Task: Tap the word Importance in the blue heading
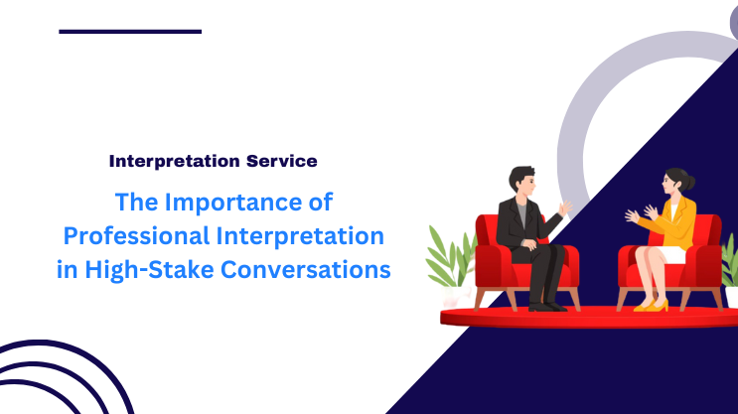pos(252,203)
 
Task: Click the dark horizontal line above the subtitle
pos(130,32)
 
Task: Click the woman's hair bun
pos(690,184)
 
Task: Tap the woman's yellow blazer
pos(679,223)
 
